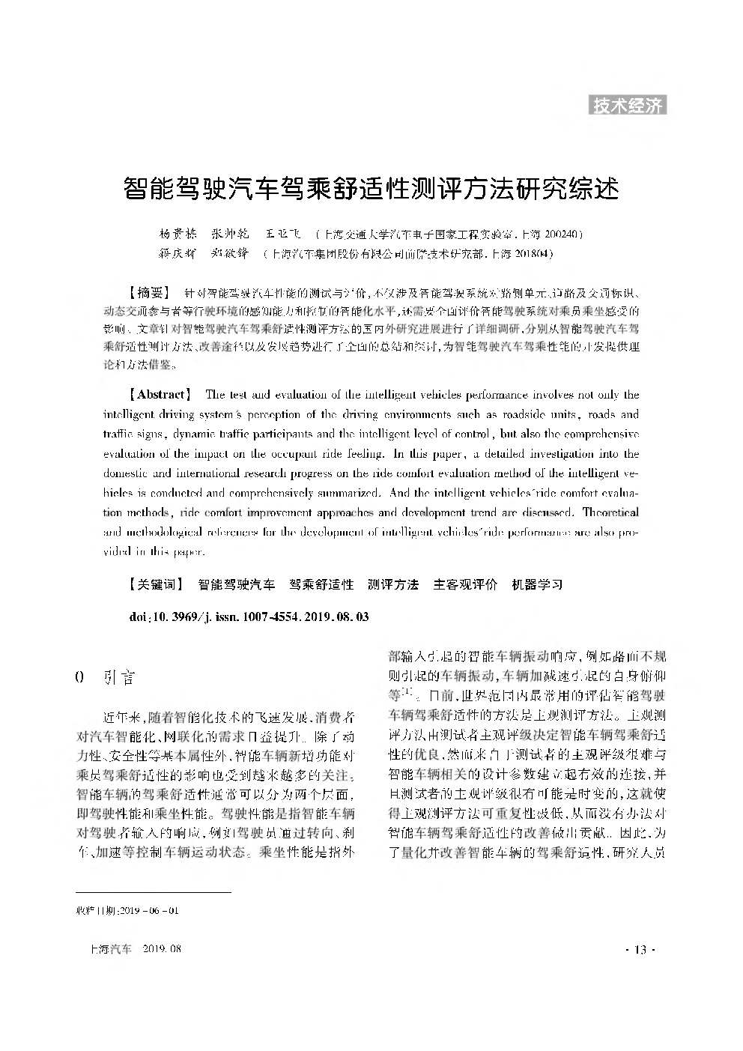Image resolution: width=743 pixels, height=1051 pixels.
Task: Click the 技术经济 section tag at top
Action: point(628,106)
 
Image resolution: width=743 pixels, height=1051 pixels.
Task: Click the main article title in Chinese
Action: point(371,188)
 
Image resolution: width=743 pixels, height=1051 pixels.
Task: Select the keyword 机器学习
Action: point(536,584)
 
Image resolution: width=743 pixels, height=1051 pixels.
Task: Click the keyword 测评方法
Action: point(393,584)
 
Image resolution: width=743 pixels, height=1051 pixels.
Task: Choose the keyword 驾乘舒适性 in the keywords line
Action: point(321,584)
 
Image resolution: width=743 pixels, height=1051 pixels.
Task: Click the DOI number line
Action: point(249,617)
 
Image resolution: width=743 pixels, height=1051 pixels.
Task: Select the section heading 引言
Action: point(120,677)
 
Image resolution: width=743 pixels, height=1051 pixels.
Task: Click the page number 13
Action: point(640,950)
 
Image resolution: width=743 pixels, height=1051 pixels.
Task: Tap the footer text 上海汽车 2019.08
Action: point(135,949)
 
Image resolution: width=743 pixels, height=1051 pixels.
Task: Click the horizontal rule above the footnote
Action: point(154,893)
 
